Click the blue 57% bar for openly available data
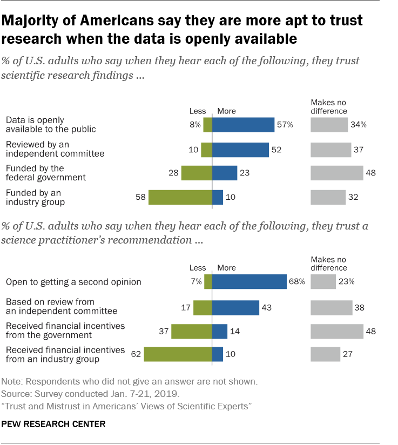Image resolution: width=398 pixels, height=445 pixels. point(243,125)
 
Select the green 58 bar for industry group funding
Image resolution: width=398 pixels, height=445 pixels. point(180,197)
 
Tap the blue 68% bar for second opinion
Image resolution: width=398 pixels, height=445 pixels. point(249,281)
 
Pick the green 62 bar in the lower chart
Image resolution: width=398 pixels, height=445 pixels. point(178,354)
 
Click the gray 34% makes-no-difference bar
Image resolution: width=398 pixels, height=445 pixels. point(329,125)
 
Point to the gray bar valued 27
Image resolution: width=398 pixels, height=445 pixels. point(325,354)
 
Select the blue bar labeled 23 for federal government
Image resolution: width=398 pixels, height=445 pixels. point(225,173)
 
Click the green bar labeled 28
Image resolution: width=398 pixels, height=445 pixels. point(196,173)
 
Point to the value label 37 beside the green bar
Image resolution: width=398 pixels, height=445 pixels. point(163,331)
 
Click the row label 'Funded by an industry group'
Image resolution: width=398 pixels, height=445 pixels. point(36,197)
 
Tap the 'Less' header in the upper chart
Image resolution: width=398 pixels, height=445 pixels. point(197,111)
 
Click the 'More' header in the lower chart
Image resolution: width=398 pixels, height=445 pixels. point(226,267)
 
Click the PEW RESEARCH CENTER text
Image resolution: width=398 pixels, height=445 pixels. point(53,424)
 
